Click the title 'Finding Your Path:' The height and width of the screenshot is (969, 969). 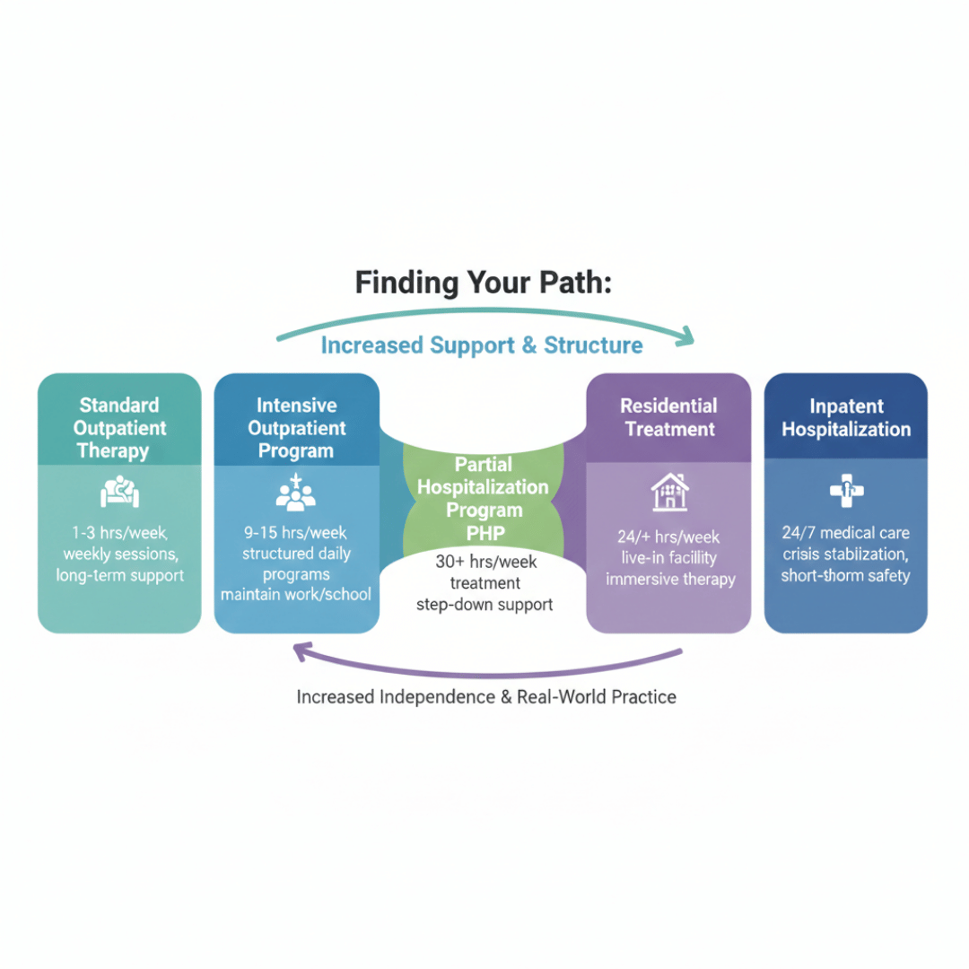[484, 283]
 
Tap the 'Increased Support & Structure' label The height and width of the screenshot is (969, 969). [482, 345]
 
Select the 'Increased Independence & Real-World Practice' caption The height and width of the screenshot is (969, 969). [486, 696]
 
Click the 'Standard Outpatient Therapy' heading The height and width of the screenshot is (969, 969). [119, 428]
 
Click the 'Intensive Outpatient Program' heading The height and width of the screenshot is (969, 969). [296, 428]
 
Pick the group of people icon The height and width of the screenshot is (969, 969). [296, 493]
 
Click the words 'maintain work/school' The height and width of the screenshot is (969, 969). [296, 595]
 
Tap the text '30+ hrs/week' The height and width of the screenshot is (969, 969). [484, 563]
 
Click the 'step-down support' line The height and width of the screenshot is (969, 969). [484, 604]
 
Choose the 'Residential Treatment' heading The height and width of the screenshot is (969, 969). [669, 417]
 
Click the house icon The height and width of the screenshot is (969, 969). [669, 492]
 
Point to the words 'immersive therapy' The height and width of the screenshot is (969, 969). [670, 579]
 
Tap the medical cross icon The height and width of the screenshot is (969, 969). [846, 490]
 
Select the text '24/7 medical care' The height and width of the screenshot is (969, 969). [846, 533]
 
